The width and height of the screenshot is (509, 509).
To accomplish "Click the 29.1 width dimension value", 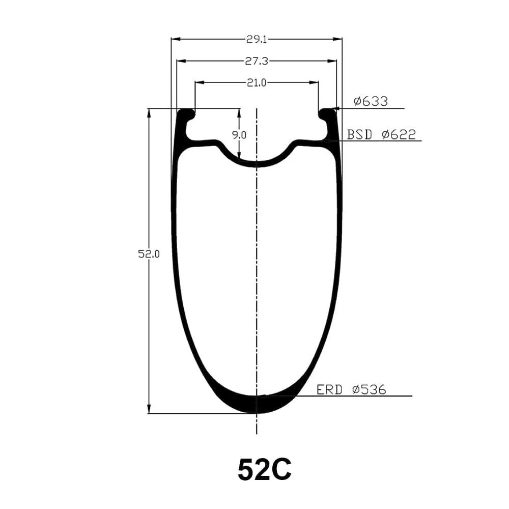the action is (x=257, y=40).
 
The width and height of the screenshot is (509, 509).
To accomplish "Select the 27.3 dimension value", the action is (x=257, y=61).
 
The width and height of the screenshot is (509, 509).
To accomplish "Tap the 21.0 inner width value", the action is (x=257, y=83).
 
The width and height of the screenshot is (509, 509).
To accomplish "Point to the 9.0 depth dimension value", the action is (x=239, y=135).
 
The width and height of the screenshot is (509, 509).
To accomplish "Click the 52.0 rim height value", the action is (x=149, y=254).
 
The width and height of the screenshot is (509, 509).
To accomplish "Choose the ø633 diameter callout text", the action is (x=371, y=101).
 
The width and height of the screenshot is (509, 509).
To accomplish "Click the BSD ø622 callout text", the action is (x=381, y=134).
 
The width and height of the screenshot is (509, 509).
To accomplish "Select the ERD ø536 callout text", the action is (x=351, y=389).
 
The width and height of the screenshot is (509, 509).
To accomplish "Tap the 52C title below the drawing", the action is (x=264, y=470).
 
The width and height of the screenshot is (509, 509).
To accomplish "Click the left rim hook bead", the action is (x=186, y=114).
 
